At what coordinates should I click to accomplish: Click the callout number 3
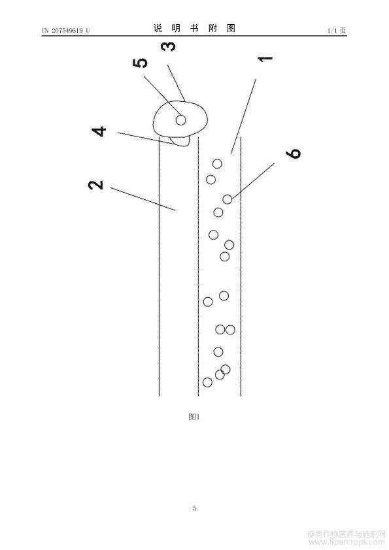pos(168,46)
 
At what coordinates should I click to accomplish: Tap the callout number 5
pos(140,63)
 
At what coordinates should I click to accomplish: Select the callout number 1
pos(265,59)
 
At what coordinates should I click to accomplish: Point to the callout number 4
pos(99,131)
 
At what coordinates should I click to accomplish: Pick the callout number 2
pos(96,185)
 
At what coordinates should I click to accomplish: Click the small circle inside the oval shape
pos(181,120)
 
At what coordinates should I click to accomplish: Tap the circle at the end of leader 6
pos(228,199)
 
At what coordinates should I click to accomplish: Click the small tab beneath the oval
pos(181,141)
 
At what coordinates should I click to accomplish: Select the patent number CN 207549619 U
pos(65,31)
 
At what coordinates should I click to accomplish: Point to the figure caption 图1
pos(194,417)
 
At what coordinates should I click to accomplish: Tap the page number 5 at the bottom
pos(194,508)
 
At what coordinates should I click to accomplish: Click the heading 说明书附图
pos(194,28)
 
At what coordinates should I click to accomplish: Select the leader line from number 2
pos(143,199)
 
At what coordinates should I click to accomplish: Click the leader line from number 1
pos(243,116)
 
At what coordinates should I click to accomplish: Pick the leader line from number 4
pos(146,138)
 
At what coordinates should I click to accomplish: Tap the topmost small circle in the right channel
pos(217,163)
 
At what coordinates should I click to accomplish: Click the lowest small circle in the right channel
pos(207,382)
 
